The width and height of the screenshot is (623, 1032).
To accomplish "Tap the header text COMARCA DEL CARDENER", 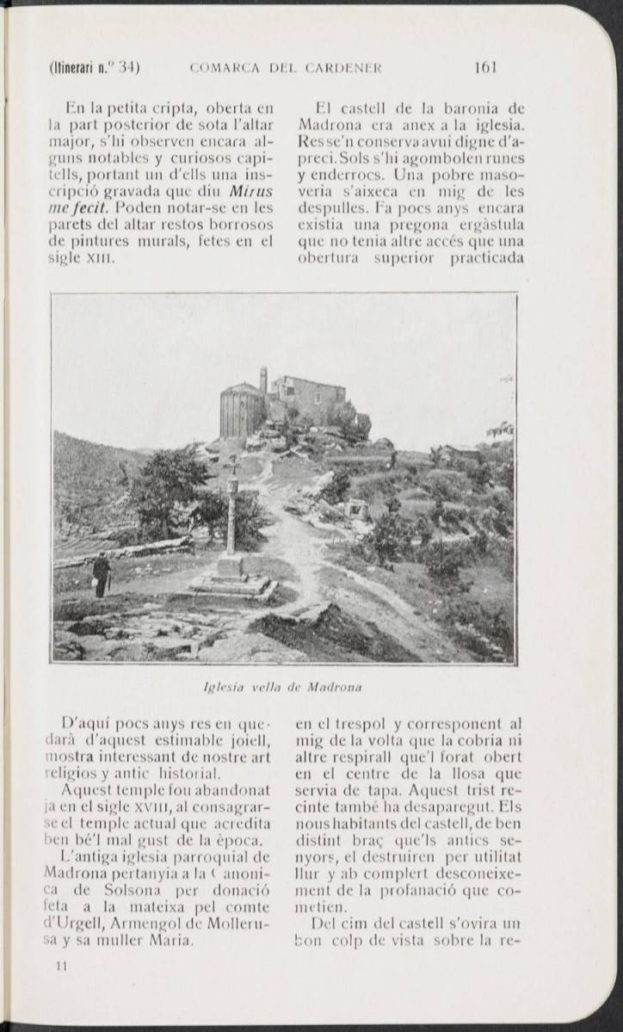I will [286, 67].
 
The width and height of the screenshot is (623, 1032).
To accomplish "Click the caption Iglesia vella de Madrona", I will [282, 687].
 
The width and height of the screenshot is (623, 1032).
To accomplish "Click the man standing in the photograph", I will [102, 574].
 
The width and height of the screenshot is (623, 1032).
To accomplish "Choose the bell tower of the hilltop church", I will [262, 380].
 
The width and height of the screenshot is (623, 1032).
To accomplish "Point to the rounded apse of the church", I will [241, 411].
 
